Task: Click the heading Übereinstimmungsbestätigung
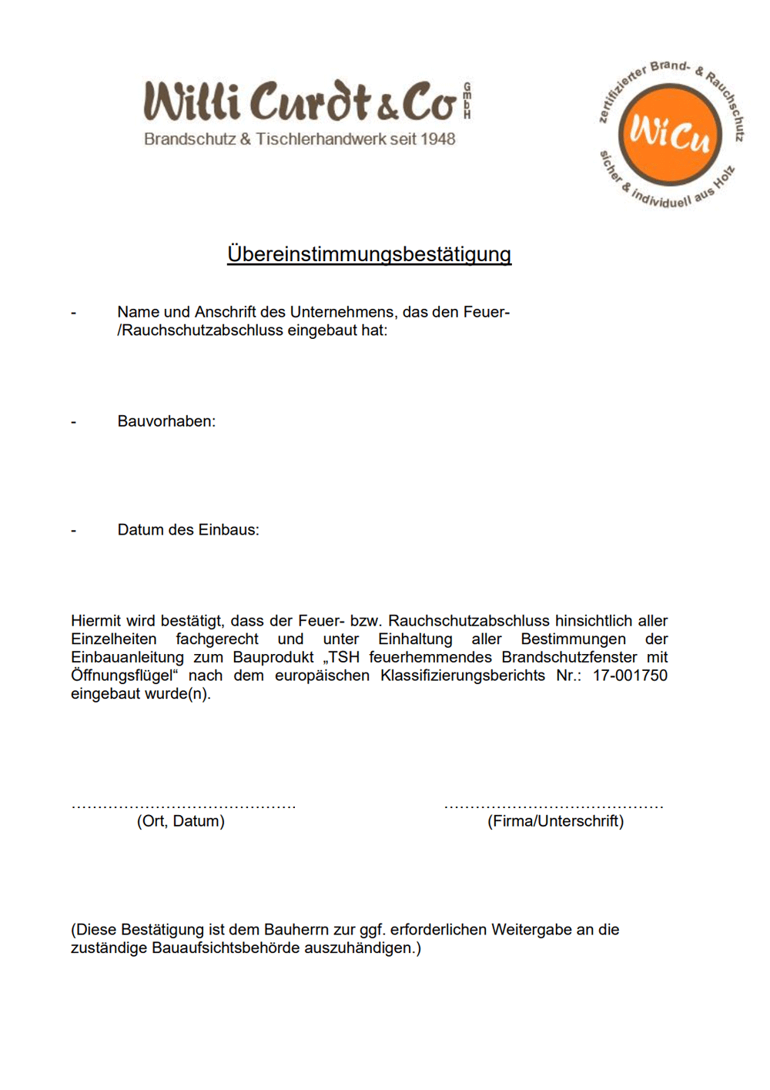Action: point(369,254)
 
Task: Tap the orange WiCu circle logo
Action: point(670,135)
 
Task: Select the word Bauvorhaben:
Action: point(166,421)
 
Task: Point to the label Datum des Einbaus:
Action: point(188,530)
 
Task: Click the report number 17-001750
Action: point(630,676)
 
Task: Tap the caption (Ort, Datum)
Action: point(181,821)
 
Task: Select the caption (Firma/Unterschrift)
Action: point(555,821)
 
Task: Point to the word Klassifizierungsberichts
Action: point(463,676)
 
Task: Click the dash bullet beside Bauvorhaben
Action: point(74,422)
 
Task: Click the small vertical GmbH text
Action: point(467,101)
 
